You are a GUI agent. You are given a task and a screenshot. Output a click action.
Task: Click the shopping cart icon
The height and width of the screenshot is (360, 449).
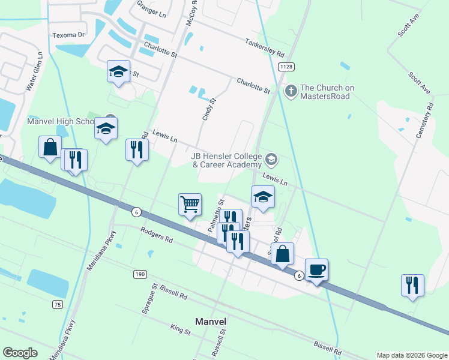tap(190, 205)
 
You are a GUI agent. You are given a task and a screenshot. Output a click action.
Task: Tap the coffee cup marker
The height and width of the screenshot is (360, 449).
tap(316, 269)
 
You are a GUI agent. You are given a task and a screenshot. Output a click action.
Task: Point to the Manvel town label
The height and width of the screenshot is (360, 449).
tap(210, 321)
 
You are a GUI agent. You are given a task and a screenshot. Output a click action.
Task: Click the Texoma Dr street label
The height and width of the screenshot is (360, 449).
tap(69, 35)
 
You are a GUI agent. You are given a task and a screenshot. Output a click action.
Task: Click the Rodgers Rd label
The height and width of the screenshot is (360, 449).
tap(157, 235)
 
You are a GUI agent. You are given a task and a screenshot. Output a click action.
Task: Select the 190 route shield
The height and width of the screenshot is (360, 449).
tap(140, 274)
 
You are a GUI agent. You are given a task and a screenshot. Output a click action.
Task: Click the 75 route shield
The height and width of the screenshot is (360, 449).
tap(58, 305)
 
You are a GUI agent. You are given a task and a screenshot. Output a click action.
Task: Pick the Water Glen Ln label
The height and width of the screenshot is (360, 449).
tap(35, 71)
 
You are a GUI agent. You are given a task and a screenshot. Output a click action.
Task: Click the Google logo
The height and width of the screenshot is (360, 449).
tap(20, 353)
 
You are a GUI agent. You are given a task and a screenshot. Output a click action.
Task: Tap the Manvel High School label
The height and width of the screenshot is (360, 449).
tap(61, 121)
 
